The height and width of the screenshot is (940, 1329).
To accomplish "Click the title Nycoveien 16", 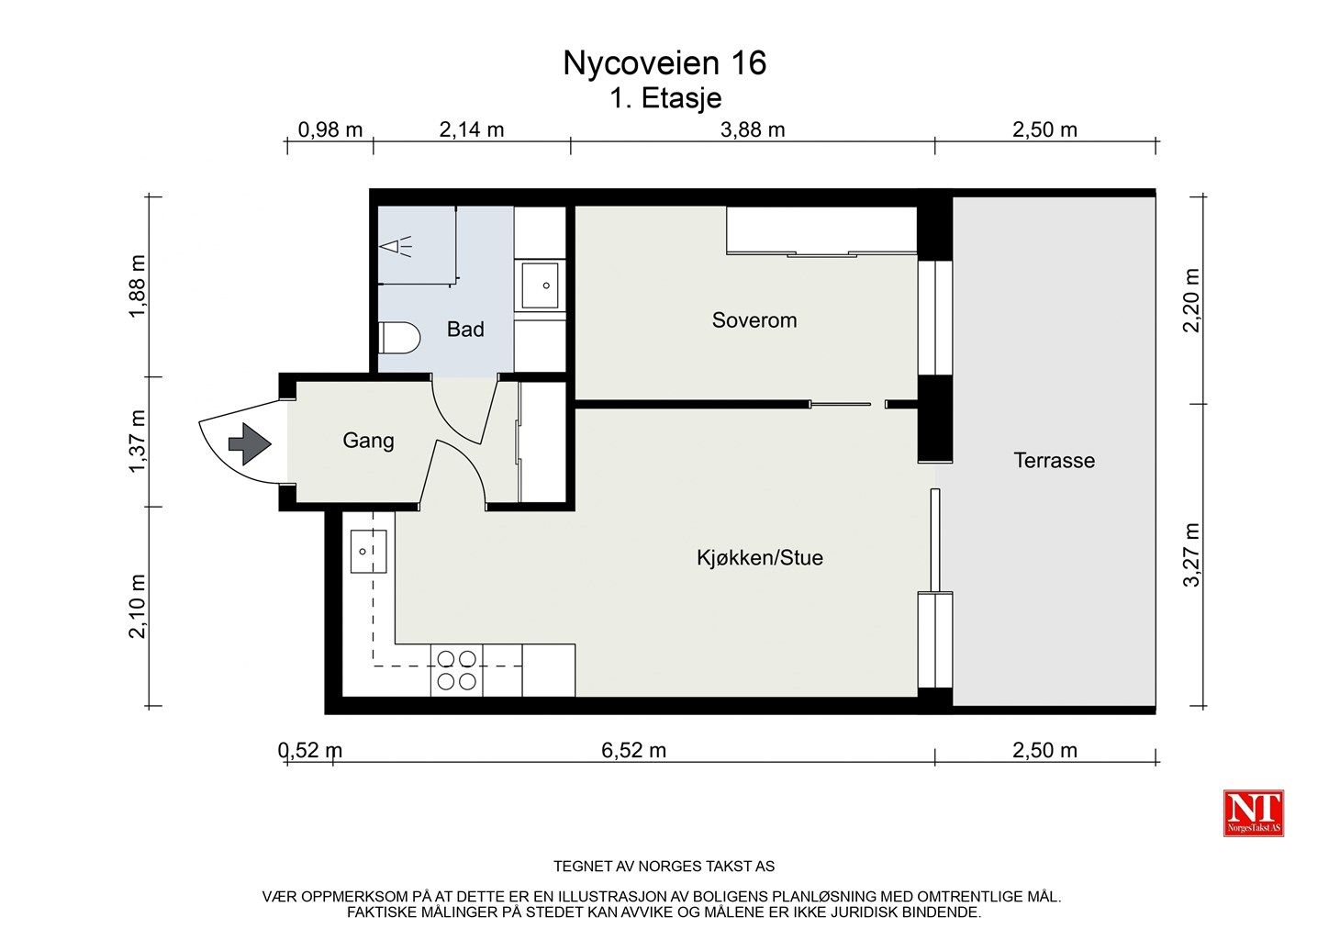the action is (x=664, y=63).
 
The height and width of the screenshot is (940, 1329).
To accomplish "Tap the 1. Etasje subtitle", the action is (x=665, y=98).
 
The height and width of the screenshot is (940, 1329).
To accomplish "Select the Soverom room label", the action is (x=754, y=320).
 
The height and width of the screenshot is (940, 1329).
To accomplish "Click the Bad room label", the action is (x=465, y=330).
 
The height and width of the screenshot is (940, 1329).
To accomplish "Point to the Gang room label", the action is (x=368, y=441).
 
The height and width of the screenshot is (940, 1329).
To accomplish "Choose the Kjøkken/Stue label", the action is (x=760, y=558).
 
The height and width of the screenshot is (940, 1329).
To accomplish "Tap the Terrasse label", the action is (x=1055, y=461).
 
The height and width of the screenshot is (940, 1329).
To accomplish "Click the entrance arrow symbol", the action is (x=250, y=443).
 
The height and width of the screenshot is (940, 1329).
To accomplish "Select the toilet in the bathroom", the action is (x=399, y=338).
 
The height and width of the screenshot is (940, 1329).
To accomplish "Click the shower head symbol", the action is (x=396, y=246).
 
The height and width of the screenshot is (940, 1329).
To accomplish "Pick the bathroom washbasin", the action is (x=540, y=286).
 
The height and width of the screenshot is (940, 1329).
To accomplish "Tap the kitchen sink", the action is (x=368, y=552).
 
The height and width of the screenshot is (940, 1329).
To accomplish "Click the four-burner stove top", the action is (x=457, y=670).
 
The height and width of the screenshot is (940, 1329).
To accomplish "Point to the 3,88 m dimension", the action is (x=753, y=130).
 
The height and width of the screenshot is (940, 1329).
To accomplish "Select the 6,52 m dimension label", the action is (x=633, y=751).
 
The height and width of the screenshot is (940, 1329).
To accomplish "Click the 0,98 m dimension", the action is (x=329, y=130).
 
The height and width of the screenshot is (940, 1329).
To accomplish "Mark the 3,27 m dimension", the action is (x=1191, y=554).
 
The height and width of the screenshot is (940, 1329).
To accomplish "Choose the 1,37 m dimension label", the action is (x=137, y=442).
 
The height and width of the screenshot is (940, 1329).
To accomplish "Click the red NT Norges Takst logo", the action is (x=1253, y=813).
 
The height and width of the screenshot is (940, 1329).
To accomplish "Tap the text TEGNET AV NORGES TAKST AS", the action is (x=664, y=867).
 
